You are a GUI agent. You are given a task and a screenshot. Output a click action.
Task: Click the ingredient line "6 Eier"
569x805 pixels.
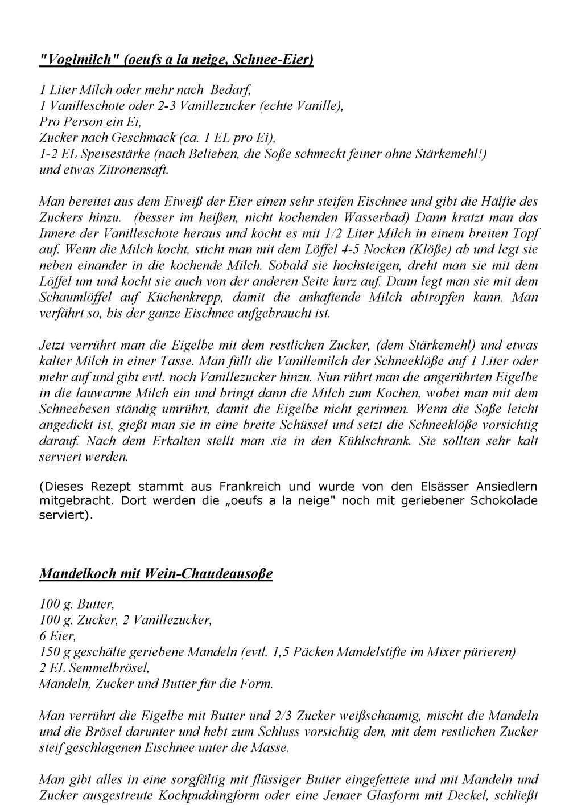click(57, 636)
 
